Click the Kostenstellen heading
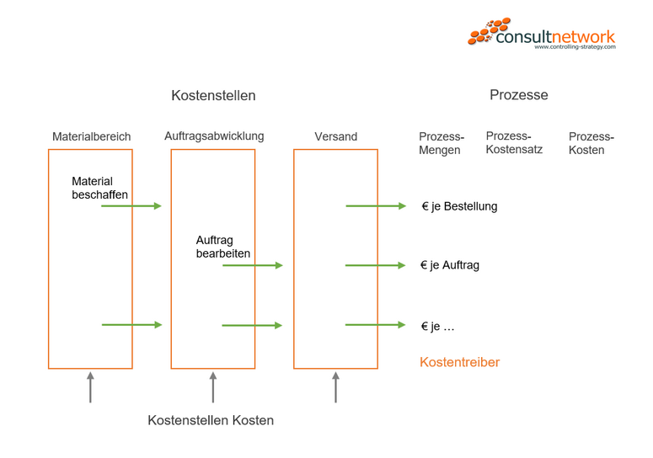pos(213,96)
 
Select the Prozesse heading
pos(518,95)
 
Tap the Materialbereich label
pos(90,136)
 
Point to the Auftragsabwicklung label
pos(214,136)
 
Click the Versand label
pos(335,136)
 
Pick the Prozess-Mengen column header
pos(441,143)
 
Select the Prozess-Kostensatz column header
pos(514,142)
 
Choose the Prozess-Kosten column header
pos(591,143)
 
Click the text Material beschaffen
pos(99,188)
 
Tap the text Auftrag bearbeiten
pos(222,247)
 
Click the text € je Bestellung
pos(459,206)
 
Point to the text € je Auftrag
pos(450,265)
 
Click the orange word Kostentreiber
pos(459,362)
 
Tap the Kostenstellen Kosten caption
pos(211,420)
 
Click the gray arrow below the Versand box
pos(335,387)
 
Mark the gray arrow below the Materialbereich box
pos(90,387)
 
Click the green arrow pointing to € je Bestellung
pos(376,206)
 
